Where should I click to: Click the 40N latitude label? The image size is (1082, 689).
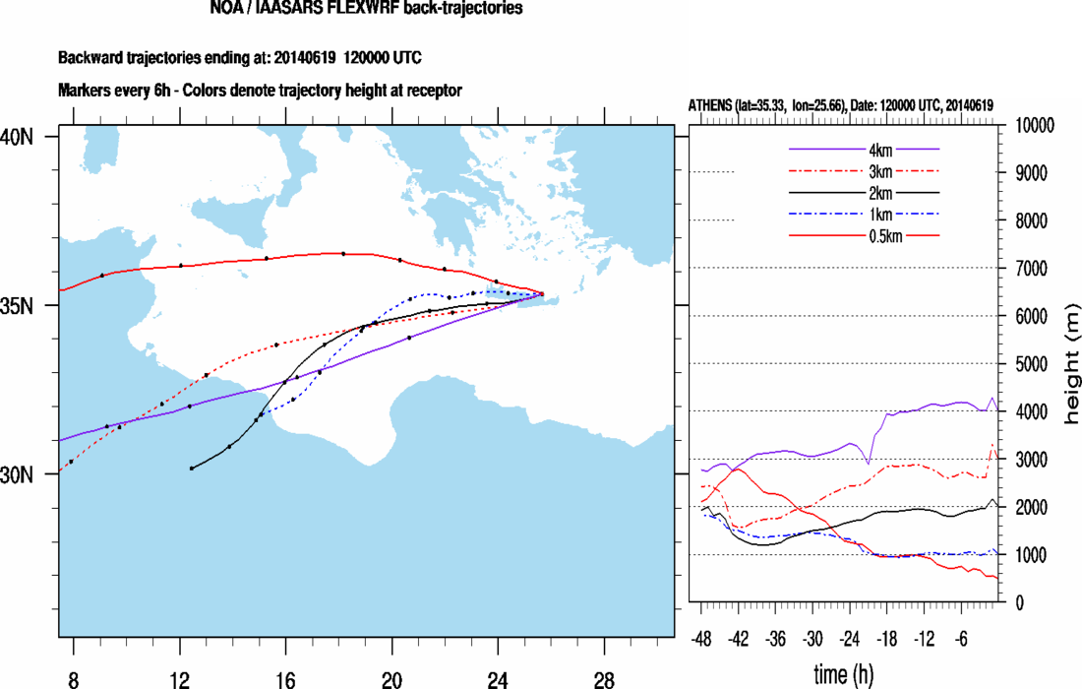(19, 136)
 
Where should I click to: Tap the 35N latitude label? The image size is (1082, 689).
(19, 306)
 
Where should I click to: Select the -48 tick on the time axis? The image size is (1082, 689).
(702, 637)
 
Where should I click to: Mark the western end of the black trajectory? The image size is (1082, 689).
(191, 469)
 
